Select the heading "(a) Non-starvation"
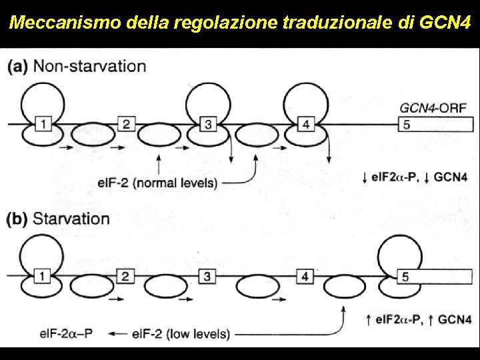pos(77,66)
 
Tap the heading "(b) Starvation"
pos(58,219)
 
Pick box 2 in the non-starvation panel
pos(125,123)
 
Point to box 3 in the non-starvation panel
pos(208,123)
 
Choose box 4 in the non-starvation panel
pos(305,123)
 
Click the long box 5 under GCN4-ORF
pos(433,123)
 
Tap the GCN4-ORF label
pos(433,107)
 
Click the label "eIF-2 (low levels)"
pos(181,334)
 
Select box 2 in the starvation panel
pos(125,275)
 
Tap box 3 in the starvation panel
pos(208,275)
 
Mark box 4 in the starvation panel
pos(305,275)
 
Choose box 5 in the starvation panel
pos(433,275)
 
